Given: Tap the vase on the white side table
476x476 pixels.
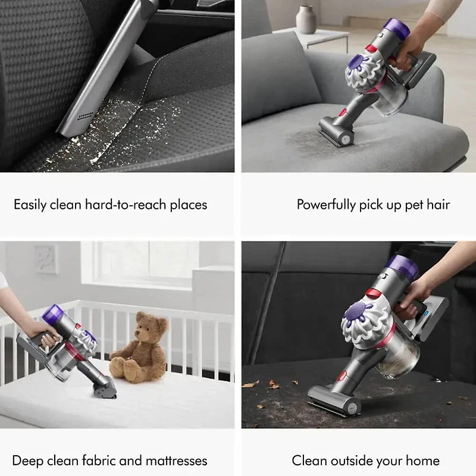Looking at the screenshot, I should coord(306,20).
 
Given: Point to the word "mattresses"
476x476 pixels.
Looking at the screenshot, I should coord(175,461).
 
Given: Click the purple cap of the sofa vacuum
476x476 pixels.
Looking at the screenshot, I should coord(393,27).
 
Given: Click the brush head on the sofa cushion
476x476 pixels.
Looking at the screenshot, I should coord(336,131).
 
